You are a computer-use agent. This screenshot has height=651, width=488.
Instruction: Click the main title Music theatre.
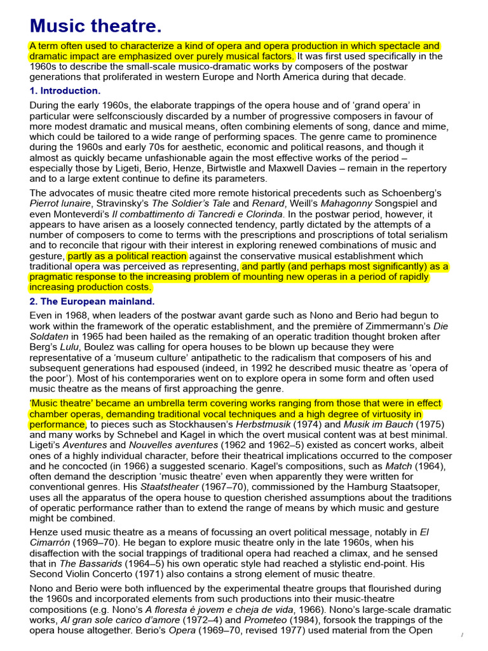(x=95, y=26)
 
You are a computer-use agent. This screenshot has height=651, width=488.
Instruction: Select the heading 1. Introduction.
(x=65, y=91)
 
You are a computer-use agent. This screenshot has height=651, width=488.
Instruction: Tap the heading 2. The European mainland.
(x=91, y=301)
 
